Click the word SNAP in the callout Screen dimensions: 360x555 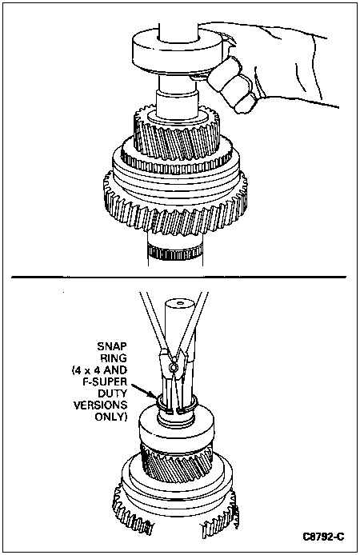[x=111, y=345]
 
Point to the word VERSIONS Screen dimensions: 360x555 [x=100, y=405]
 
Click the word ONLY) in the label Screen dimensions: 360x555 [x=110, y=417]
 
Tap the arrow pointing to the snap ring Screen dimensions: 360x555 [x=142, y=390]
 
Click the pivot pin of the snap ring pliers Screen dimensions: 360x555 [x=172, y=368]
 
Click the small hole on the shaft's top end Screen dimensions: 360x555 [x=181, y=302]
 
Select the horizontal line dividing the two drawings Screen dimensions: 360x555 [x=178, y=277]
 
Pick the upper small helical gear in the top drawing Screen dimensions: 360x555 [x=176, y=136]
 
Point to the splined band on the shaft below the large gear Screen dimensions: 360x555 [x=175, y=251]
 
